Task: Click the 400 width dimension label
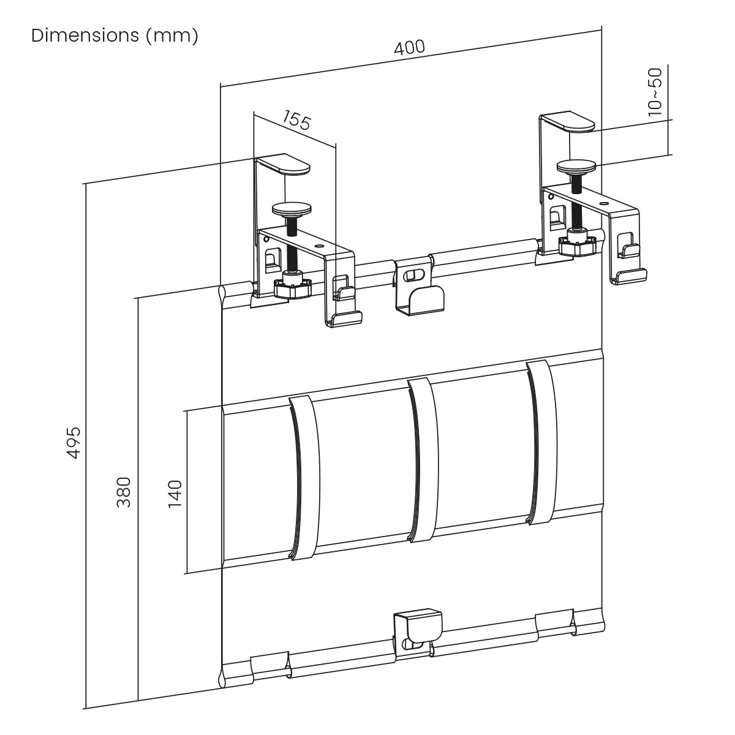pos(409,48)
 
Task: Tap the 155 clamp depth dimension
pos(296,120)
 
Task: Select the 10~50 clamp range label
pos(655,92)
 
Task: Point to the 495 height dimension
pos(73,442)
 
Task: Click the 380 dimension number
pos(124,492)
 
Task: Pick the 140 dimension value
pos(175,494)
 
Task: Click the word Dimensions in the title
pos(85,36)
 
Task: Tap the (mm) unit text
pos(172,37)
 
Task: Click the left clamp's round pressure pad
pos(292,209)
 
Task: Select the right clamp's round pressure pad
pos(576,167)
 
